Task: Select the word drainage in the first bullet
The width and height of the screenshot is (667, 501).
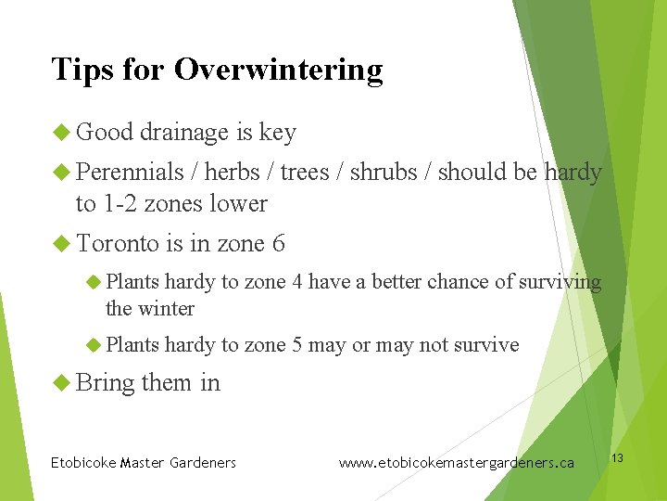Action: coord(184,133)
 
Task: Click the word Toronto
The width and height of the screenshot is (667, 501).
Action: coord(118,244)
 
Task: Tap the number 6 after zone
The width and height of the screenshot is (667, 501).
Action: coord(278,244)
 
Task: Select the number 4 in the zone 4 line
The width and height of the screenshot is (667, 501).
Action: coord(296,282)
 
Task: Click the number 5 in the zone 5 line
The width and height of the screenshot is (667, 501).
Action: coord(296,345)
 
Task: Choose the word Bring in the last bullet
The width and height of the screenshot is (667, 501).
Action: coord(105,382)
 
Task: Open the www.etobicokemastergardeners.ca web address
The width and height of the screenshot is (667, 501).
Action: coord(456,462)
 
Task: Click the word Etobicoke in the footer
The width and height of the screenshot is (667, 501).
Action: coord(82,462)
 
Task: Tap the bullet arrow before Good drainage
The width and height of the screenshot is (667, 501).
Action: coord(62,133)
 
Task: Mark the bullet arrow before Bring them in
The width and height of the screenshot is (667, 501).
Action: coord(62,381)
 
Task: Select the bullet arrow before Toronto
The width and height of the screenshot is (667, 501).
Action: coord(62,244)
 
